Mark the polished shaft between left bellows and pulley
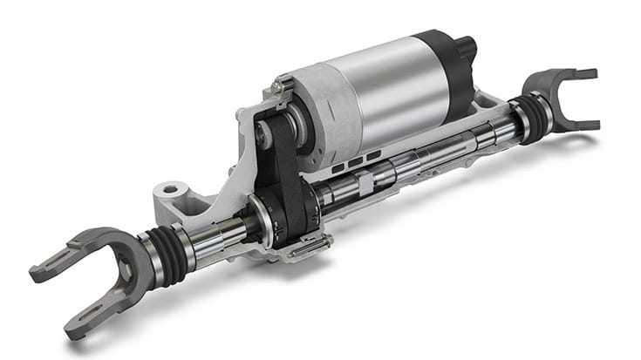coord(218,240)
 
